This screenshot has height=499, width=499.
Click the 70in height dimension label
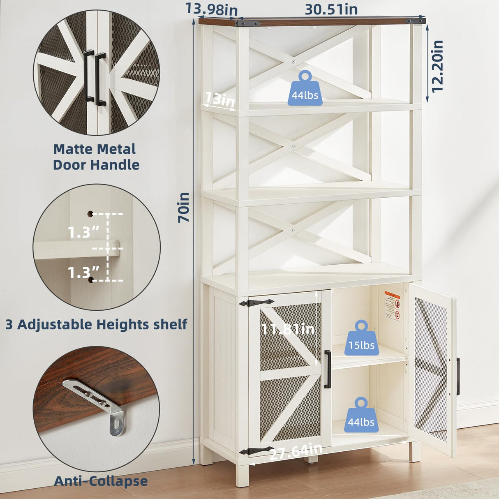tap(184, 207)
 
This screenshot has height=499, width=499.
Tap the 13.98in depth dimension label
tap(211, 9)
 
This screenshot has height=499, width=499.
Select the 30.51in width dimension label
tap(331, 9)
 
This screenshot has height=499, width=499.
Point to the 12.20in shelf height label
tap(437, 66)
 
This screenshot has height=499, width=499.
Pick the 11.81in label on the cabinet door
tap(288, 329)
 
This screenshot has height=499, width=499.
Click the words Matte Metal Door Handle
tap(96, 157)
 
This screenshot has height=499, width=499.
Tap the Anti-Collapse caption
tap(101, 481)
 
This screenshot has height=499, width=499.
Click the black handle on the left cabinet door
tap(327, 369)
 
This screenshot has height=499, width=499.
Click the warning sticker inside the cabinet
tap(392, 306)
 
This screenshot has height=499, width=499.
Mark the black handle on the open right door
tap(458, 377)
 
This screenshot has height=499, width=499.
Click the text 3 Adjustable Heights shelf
tap(96, 324)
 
